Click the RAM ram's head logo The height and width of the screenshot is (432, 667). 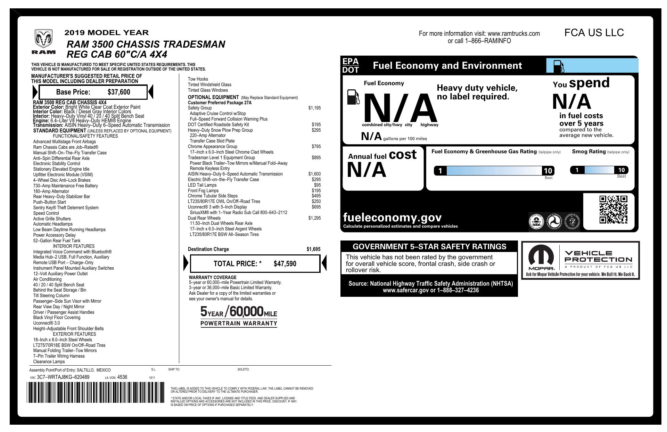(x=43, y=39)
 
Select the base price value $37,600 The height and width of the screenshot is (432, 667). (x=119, y=92)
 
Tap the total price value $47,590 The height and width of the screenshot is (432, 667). (x=285, y=264)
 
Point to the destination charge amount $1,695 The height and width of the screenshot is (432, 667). (x=313, y=249)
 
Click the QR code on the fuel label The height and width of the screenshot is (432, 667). (x=613, y=210)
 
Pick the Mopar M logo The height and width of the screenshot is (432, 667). (x=541, y=258)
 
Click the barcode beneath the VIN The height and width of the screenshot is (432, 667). (x=96, y=392)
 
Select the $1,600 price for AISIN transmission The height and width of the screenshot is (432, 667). (x=314, y=174)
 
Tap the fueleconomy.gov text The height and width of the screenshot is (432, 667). (x=392, y=218)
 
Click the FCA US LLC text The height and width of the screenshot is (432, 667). (x=594, y=33)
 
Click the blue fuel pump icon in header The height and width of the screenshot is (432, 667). (x=558, y=66)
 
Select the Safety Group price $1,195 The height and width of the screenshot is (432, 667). (x=314, y=108)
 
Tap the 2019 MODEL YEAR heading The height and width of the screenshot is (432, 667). (x=106, y=33)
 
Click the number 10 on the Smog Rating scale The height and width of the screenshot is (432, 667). (x=621, y=170)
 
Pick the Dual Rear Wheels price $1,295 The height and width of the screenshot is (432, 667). (x=314, y=218)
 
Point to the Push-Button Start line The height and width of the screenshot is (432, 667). (x=50, y=202)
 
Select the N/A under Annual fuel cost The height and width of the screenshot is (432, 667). (x=367, y=170)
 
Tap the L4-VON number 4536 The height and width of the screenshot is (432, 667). (x=122, y=377)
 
